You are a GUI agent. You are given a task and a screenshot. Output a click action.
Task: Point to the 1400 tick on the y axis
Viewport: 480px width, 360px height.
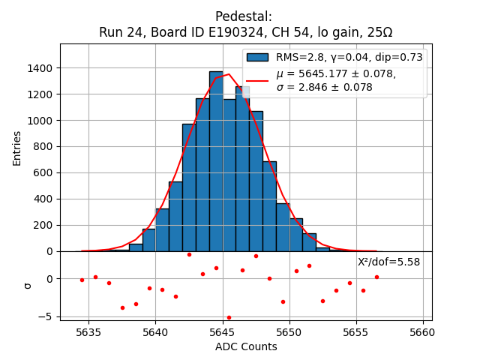point(42,68)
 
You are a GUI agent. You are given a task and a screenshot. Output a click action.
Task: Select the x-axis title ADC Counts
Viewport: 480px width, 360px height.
point(246,346)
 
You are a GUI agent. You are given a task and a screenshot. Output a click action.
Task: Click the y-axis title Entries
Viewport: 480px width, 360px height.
point(17,148)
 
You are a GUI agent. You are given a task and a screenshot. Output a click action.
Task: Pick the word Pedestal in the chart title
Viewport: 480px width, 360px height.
point(243,16)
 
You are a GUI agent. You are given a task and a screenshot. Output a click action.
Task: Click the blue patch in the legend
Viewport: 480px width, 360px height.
point(257,57)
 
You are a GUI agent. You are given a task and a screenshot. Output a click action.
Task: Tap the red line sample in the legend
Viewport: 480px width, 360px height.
point(257,80)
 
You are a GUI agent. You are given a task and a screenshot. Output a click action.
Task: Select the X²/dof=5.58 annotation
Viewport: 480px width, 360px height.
point(388,262)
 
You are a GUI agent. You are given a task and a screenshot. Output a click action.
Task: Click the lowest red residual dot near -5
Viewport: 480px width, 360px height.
point(229,317)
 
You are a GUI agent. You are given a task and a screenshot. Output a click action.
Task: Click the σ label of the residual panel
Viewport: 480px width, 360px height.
point(28,285)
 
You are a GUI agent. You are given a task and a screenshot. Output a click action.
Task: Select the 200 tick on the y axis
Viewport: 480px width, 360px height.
point(45,225)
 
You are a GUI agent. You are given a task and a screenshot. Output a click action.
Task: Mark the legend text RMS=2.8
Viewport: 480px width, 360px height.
point(301,57)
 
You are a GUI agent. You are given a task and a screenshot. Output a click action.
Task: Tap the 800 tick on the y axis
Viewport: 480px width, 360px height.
point(45,146)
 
